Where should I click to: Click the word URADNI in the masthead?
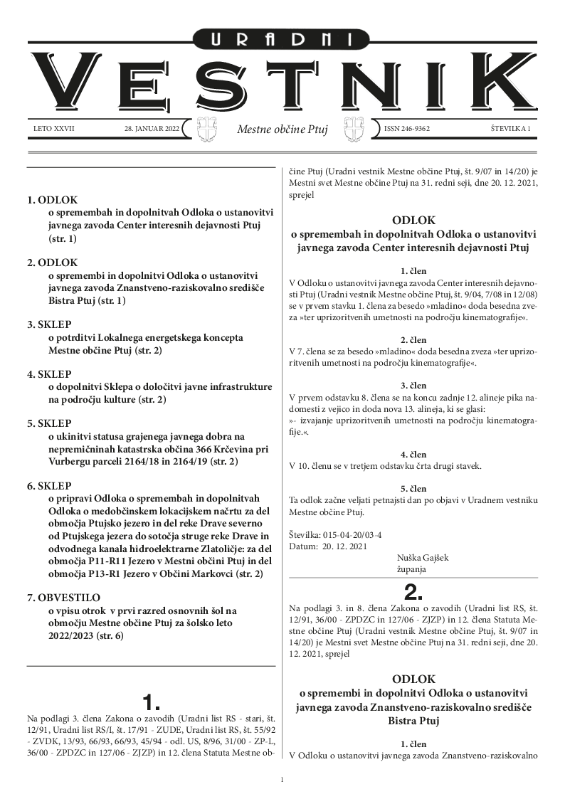coord(282,40)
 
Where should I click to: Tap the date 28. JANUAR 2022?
coord(148,129)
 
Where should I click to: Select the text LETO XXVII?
coord(53,129)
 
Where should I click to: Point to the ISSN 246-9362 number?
coord(407,129)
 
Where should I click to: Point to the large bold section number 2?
coord(413,592)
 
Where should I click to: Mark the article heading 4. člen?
coord(413,454)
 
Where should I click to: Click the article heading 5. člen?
coord(413,488)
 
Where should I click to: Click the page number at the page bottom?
coord(282,781)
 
